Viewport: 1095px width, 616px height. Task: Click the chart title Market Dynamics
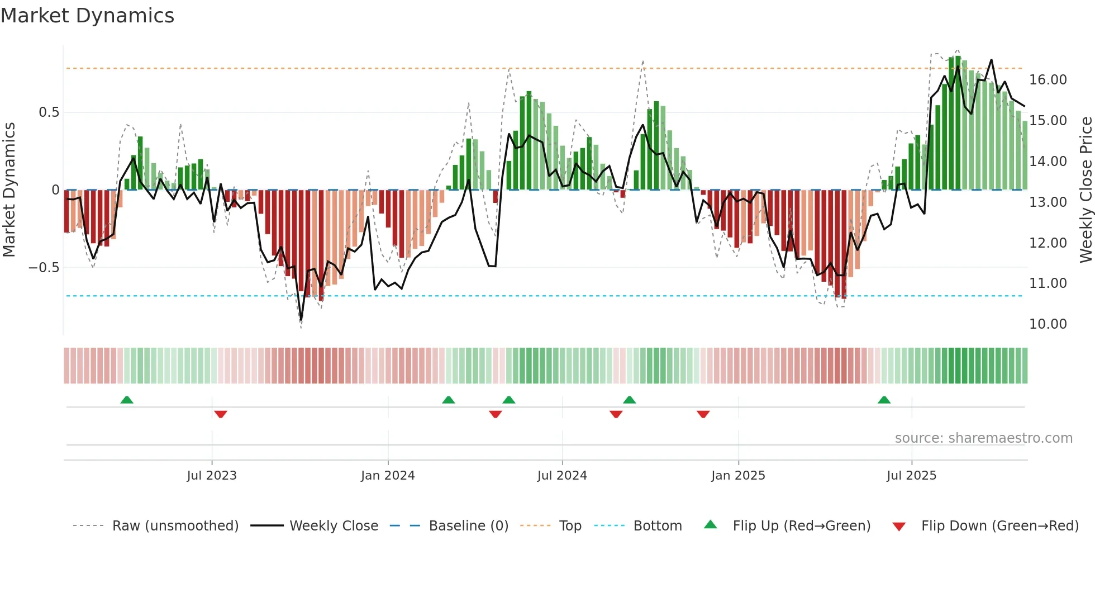[x=87, y=16]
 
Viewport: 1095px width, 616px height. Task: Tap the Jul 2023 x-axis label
[x=212, y=476]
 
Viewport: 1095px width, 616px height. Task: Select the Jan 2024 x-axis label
[x=388, y=476]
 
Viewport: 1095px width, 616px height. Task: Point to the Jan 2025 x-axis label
[x=738, y=476]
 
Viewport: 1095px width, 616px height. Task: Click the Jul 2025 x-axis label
[x=911, y=476]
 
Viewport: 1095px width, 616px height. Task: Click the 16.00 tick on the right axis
[x=1048, y=80]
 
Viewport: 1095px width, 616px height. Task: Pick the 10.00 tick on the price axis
[x=1048, y=324]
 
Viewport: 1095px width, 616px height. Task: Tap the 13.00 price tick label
[x=1048, y=202]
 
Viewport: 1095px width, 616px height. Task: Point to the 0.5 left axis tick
[x=49, y=112]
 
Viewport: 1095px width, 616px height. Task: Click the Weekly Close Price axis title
[x=1086, y=190]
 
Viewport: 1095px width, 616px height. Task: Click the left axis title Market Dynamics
[x=9, y=190]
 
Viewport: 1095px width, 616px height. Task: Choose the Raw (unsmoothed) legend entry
[x=175, y=526]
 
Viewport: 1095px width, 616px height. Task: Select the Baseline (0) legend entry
[x=468, y=526]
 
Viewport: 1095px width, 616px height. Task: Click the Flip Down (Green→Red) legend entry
[x=999, y=526]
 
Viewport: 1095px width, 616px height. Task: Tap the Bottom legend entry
[x=657, y=526]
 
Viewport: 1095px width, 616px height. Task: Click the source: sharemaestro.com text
[x=983, y=438]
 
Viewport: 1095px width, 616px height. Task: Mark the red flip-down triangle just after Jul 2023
[x=221, y=414]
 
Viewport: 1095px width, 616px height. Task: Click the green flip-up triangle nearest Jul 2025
[x=884, y=400]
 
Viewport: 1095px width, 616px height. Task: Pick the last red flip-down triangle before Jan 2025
[x=703, y=414]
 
